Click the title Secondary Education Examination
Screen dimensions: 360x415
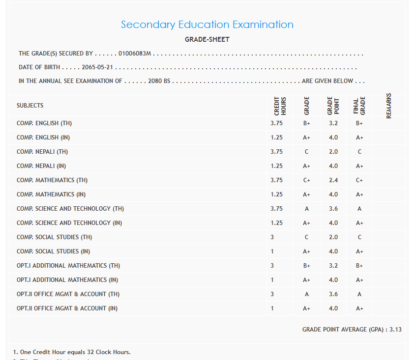click(x=207, y=25)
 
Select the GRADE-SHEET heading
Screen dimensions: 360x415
click(x=207, y=39)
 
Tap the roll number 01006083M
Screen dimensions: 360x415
click(x=135, y=54)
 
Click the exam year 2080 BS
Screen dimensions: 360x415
click(x=159, y=81)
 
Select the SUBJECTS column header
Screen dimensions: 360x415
click(x=30, y=106)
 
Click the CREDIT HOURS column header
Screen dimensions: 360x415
click(x=280, y=106)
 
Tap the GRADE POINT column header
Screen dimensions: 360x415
click(x=333, y=106)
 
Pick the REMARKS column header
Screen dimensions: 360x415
click(x=389, y=106)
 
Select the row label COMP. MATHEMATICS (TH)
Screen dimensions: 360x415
click(x=52, y=180)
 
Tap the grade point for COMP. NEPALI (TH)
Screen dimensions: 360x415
click(x=333, y=152)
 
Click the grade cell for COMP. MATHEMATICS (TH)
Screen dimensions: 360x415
click(x=307, y=180)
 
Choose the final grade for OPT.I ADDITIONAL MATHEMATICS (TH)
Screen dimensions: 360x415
click(x=359, y=266)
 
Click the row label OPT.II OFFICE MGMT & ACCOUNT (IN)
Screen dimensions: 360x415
click(x=67, y=308)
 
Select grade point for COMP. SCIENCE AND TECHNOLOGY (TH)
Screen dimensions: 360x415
click(x=333, y=209)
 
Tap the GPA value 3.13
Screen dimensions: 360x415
click(x=395, y=330)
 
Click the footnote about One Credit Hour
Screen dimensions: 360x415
click(x=72, y=352)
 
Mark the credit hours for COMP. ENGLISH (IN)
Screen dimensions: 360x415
click(x=276, y=138)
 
